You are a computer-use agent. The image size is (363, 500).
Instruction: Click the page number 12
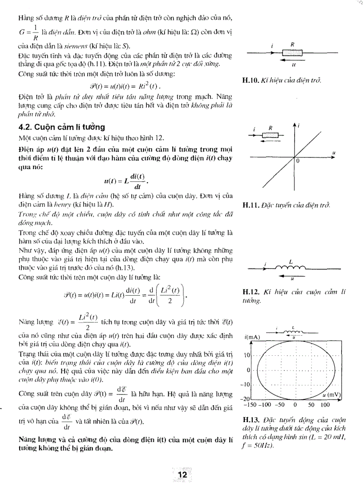[x=181, y=476]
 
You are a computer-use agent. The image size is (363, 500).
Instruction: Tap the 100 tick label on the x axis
[x=325, y=405]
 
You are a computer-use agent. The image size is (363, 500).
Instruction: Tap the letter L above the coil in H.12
[x=290, y=261]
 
